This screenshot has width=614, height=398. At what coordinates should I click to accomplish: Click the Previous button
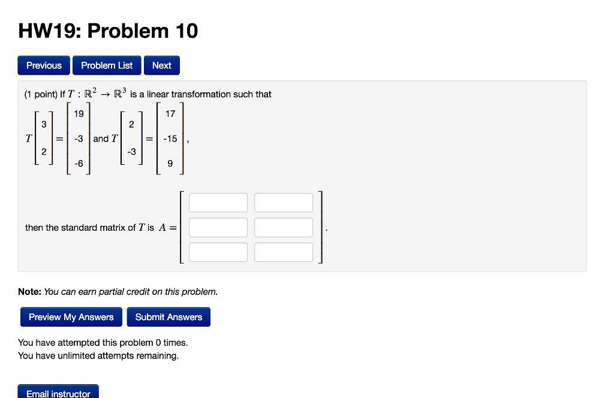[x=44, y=65]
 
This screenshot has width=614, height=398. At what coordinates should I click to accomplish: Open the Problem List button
[x=107, y=65]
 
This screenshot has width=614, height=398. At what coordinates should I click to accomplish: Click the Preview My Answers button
[x=71, y=317]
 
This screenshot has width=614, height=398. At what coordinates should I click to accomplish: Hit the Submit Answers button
[x=168, y=317]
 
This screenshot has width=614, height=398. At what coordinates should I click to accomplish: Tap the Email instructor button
[x=58, y=393]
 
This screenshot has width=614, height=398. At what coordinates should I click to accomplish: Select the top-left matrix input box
[x=218, y=203]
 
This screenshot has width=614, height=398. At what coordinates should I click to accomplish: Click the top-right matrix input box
[x=284, y=203]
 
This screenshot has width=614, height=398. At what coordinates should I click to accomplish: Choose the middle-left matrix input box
[x=218, y=228]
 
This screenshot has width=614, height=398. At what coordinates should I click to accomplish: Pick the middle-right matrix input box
[x=284, y=228]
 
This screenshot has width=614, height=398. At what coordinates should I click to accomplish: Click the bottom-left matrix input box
[x=218, y=252]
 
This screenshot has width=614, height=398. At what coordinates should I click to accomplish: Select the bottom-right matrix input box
[x=284, y=252]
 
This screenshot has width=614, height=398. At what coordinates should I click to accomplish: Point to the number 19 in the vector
[x=79, y=114]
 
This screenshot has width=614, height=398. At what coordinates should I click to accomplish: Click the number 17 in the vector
[x=170, y=113]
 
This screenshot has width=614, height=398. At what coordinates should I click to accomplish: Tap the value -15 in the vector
[x=170, y=138]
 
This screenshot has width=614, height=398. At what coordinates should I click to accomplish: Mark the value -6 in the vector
[x=79, y=164]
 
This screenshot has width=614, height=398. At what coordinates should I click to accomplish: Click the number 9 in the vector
[x=170, y=164]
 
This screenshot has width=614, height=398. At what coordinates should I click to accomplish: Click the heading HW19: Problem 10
[x=108, y=31]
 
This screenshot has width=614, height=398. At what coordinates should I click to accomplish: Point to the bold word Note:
[x=29, y=292]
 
